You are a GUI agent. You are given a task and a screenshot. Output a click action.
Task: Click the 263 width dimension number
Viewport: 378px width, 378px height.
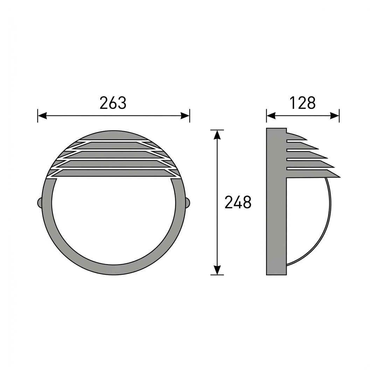pos(113,103)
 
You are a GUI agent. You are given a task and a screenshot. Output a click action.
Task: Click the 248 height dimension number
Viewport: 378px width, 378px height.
pos(238,202)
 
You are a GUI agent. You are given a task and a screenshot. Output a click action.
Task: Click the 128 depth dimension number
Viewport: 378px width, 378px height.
pos(302,103)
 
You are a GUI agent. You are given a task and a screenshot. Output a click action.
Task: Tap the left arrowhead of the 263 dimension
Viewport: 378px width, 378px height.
pos(42,116)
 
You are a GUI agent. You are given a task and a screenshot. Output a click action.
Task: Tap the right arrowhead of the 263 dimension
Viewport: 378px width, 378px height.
pos(185,116)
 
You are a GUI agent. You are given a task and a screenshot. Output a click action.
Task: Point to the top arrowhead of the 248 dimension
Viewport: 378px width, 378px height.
pos(217,135)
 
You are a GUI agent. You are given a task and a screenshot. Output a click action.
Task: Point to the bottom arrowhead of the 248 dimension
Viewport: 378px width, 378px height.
pos(217,270)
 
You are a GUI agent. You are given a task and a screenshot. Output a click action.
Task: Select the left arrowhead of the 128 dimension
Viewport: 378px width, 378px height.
pos(271,116)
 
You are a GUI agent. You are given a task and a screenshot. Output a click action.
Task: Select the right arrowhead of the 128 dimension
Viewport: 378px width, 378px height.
pos(335,116)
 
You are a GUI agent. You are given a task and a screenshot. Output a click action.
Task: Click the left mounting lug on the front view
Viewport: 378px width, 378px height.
pos(40,203)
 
